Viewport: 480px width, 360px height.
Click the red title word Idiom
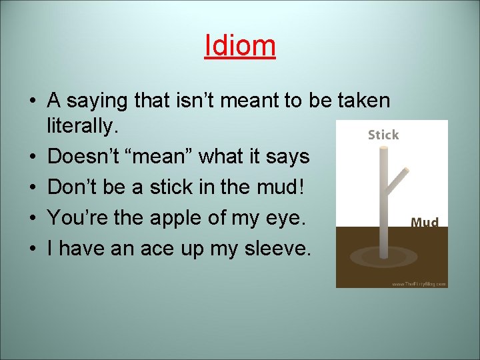(x=240, y=45)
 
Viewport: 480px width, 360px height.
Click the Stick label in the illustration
(x=383, y=135)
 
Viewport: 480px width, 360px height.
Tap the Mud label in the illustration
(x=425, y=222)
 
